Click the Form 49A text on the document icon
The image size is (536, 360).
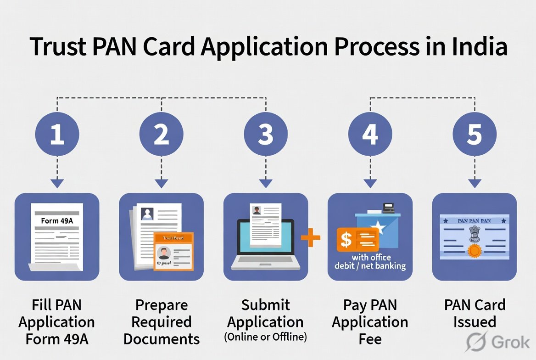click(x=56, y=221)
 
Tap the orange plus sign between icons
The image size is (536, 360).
click(x=311, y=237)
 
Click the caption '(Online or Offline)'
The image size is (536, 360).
click(x=266, y=337)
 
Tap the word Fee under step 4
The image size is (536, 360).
click(x=370, y=339)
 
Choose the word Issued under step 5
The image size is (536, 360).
click(x=475, y=321)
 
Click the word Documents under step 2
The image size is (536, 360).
click(x=162, y=339)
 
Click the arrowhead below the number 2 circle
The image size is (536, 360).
click(x=162, y=183)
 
